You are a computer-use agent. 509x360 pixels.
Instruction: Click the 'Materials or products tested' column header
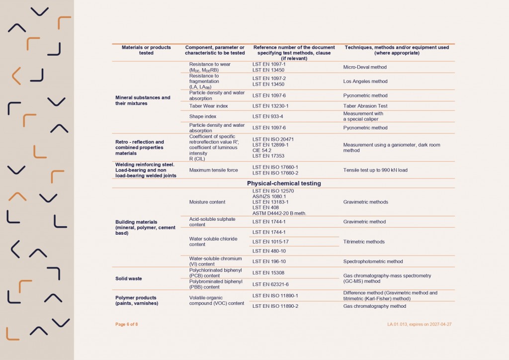(x=146, y=50)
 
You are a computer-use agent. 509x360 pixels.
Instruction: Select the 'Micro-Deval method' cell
(x=365, y=67)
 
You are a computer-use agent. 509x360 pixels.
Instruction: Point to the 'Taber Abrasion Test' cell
(x=365, y=106)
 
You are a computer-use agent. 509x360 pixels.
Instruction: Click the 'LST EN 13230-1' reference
(x=270, y=106)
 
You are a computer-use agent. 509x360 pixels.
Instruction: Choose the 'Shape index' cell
(x=203, y=116)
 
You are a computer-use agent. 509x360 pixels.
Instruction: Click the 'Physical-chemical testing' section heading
(x=284, y=183)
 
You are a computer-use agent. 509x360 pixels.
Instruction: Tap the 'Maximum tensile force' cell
(x=214, y=170)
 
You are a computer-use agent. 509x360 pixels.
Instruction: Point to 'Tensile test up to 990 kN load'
(x=375, y=170)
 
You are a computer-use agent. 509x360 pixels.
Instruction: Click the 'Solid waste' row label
(x=129, y=278)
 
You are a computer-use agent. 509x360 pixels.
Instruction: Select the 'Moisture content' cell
(x=207, y=202)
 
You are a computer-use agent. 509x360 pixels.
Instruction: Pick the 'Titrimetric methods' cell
(x=364, y=242)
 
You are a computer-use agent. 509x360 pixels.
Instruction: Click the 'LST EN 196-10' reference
(x=269, y=261)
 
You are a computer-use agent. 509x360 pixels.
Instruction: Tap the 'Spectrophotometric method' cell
(x=373, y=261)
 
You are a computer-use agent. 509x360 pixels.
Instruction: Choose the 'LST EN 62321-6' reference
(x=270, y=284)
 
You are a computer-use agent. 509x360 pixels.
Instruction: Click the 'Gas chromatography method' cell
(x=375, y=306)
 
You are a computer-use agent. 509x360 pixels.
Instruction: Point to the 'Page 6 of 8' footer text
(x=127, y=324)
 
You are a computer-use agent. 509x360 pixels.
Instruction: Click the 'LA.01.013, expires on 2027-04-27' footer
(x=420, y=324)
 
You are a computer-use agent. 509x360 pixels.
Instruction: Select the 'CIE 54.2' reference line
(x=262, y=150)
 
